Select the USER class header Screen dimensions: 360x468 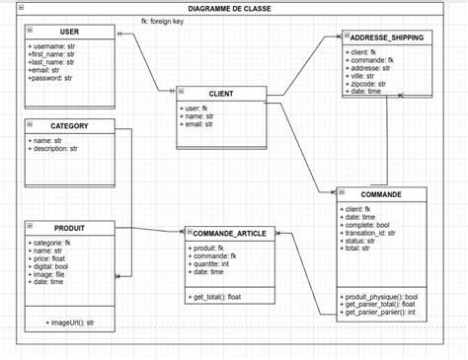click(69, 32)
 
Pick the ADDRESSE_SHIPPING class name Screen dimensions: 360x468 click(392, 37)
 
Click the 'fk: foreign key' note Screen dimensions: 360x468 click(164, 21)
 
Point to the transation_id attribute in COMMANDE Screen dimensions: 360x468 click(371, 232)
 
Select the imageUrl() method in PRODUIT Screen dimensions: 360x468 click(70, 322)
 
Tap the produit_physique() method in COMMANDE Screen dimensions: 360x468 click(382, 296)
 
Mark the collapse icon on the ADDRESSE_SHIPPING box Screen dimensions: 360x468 click(347, 36)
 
